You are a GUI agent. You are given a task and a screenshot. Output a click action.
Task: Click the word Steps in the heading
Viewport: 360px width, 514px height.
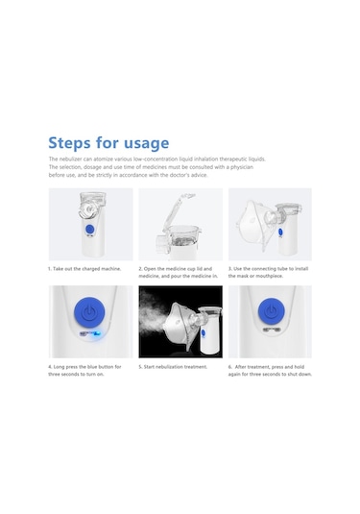coord(69,142)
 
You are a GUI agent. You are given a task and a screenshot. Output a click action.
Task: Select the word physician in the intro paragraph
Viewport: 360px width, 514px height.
coord(242,167)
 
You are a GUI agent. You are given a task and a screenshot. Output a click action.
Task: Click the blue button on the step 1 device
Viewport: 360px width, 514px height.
coord(89,230)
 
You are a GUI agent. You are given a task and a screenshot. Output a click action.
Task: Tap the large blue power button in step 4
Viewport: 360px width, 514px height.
coord(89,311)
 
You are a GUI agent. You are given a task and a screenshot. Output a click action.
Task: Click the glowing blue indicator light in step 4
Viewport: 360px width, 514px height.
coord(97,334)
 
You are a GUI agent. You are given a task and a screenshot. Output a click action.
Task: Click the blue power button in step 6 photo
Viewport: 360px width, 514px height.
coord(272,311)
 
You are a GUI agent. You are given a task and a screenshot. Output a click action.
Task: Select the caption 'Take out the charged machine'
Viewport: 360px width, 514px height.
coord(84,269)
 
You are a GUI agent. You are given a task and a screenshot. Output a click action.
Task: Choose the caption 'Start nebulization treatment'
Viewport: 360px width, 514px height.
coord(173,367)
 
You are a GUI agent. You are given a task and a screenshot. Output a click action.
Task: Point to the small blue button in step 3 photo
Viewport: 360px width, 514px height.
coord(280,232)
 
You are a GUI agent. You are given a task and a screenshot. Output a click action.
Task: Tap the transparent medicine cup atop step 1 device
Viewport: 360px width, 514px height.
coord(89,206)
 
